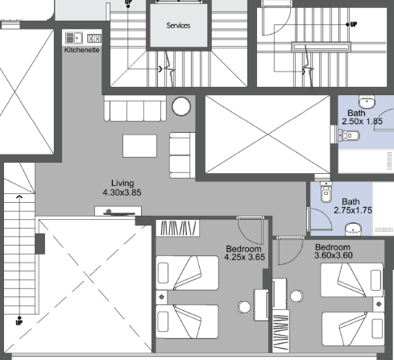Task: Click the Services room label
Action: (178, 26)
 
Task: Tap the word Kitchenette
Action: (82, 50)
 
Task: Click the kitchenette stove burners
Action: (94, 38)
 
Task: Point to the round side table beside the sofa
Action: (181, 106)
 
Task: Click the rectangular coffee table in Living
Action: (139, 146)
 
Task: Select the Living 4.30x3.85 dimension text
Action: (122, 188)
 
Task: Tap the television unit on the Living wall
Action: (118, 211)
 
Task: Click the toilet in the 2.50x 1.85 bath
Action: (349, 135)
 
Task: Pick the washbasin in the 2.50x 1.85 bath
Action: (367, 101)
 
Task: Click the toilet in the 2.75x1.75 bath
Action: (326, 192)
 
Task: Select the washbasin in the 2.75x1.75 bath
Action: (353, 229)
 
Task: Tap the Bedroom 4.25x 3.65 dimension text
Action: (244, 253)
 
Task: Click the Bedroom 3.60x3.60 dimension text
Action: (334, 251)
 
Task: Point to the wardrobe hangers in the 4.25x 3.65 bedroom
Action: (178, 228)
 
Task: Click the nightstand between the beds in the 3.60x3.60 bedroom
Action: (379, 304)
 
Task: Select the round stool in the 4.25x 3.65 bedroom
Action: (244, 307)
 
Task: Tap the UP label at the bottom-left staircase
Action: (19, 322)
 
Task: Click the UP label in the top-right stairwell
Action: (354, 24)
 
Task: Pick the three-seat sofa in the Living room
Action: (135, 108)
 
